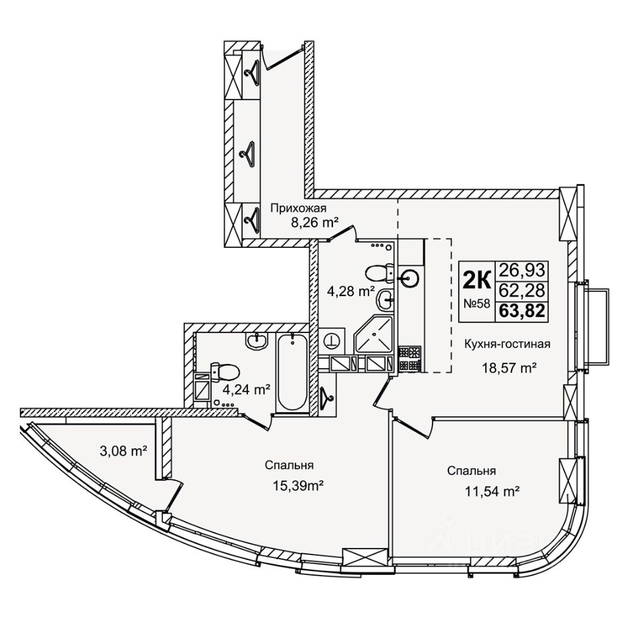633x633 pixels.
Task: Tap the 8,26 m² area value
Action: (315, 223)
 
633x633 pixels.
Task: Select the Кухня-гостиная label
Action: (507, 344)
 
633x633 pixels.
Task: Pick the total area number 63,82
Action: (522, 311)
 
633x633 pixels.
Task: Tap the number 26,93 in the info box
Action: (522, 269)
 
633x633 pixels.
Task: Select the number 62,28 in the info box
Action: (522, 289)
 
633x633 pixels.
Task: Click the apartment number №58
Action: (476, 304)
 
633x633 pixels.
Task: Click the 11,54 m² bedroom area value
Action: (491, 491)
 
